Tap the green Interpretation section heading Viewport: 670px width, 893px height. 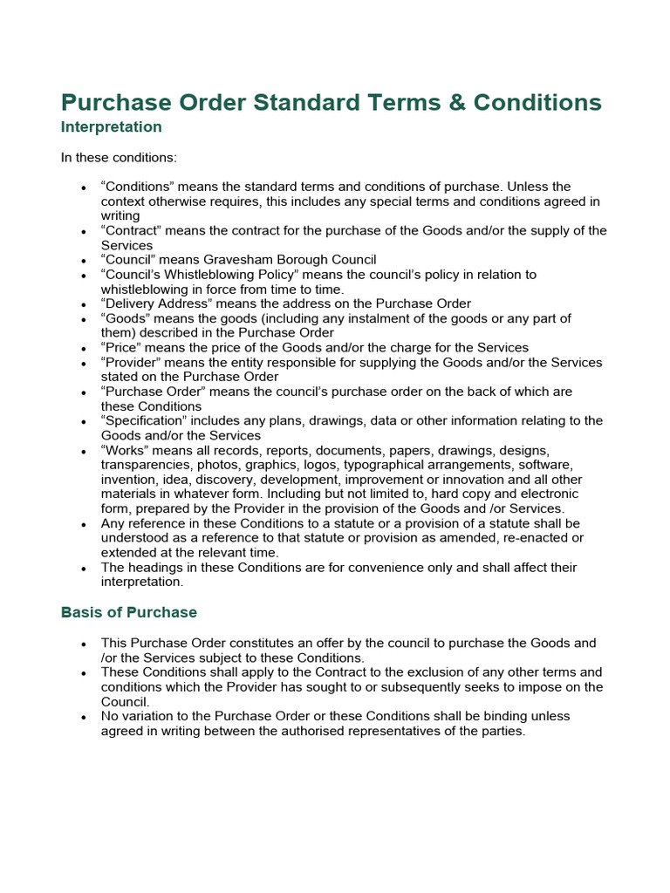pyautogui.click(x=111, y=127)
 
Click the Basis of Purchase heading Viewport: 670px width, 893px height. pyautogui.click(x=129, y=612)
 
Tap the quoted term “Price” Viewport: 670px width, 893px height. pyautogui.click(x=123, y=347)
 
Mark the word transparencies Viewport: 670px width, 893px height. pyautogui.click(x=147, y=465)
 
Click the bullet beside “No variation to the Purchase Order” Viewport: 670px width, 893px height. pyautogui.click(x=82, y=717)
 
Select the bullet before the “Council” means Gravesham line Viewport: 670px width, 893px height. pyautogui.click(x=82, y=261)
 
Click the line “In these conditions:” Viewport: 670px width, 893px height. pyautogui.click(x=106, y=158)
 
